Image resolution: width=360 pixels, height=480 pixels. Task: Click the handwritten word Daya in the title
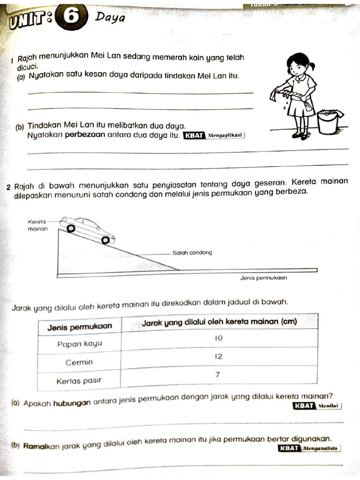[110, 18]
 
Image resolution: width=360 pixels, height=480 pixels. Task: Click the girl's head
[298, 65]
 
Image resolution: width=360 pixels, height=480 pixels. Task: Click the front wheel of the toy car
[106, 240]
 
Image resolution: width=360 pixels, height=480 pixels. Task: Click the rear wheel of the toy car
[70, 228]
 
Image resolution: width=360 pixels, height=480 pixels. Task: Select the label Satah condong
[192, 253]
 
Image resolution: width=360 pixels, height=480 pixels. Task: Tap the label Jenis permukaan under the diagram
[263, 277]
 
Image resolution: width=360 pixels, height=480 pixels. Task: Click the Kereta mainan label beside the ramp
[37, 225]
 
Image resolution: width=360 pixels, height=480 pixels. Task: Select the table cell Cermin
[79, 362]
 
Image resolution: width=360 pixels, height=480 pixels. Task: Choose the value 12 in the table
[218, 356]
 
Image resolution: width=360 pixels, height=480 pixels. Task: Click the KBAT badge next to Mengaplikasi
[194, 136]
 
